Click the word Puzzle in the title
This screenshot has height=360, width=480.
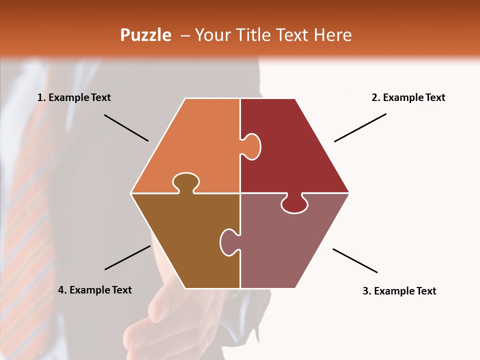(x=145, y=35)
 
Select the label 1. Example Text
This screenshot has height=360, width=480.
(x=74, y=97)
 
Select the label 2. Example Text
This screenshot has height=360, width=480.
(x=408, y=97)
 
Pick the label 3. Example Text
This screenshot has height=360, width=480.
(x=399, y=291)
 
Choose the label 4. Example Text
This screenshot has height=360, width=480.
(x=94, y=290)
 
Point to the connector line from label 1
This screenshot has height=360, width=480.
(x=126, y=127)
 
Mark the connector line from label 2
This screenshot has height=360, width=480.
(x=360, y=127)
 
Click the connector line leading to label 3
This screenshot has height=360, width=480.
(x=355, y=260)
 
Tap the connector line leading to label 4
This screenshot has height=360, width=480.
(x=127, y=257)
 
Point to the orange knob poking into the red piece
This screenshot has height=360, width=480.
(x=251, y=146)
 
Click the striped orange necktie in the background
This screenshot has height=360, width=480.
(x=30, y=225)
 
